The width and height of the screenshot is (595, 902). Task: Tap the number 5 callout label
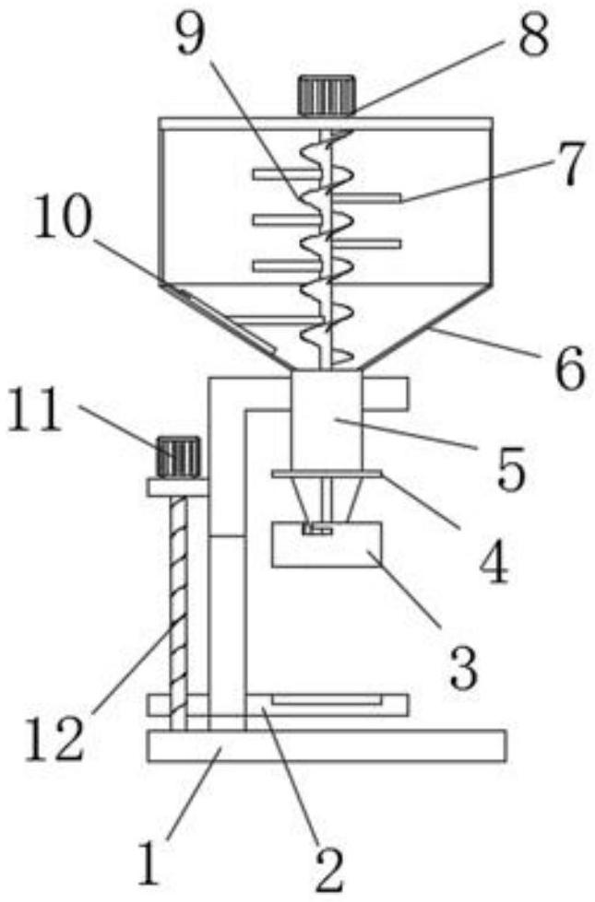click(x=504, y=469)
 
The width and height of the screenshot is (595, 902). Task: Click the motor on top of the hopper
click(x=327, y=96)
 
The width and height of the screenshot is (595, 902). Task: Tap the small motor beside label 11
click(x=178, y=456)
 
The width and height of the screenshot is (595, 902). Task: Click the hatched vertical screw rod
click(x=176, y=608)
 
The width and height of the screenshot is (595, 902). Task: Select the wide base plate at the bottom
click(x=326, y=745)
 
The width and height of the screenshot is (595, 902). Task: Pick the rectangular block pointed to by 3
click(x=328, y=545)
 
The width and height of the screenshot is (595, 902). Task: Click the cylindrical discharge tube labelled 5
click(x=326, y=419)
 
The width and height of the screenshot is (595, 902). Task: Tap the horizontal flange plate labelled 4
click(x=327, y=474)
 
